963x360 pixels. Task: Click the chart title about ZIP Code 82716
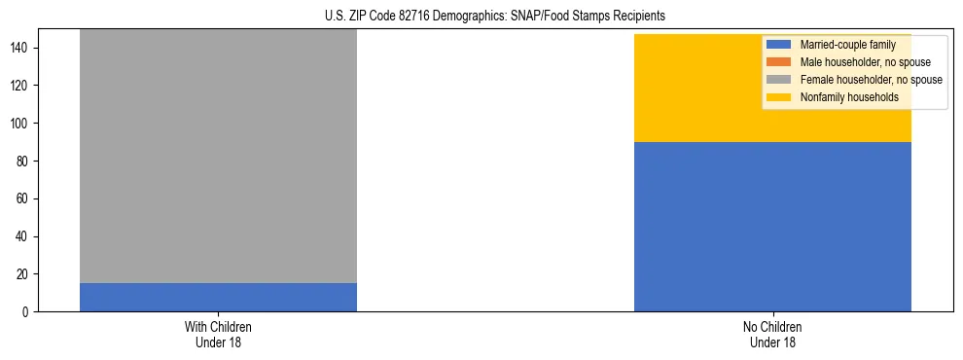[x=495, y=17]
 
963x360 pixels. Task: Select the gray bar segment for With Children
[x=218, y=156]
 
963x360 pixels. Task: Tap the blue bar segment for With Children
[x=218, y=297]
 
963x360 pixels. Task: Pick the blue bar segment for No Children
[x=772, y=227]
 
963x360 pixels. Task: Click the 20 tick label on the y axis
[x=24, y=274]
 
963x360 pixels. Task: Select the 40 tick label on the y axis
[x=24, y=236]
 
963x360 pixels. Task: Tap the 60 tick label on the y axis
[x=24, y=198]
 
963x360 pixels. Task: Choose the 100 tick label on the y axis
[x=21, y=124]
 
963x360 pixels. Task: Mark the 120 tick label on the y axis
[x=21, y=86]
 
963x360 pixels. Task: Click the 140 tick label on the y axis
[x=21, y=48]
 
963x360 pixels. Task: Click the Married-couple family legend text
[x=847, y=45]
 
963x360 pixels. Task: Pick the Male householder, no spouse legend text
[x=858, y=62]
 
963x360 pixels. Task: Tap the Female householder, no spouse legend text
[x=871, y=80]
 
